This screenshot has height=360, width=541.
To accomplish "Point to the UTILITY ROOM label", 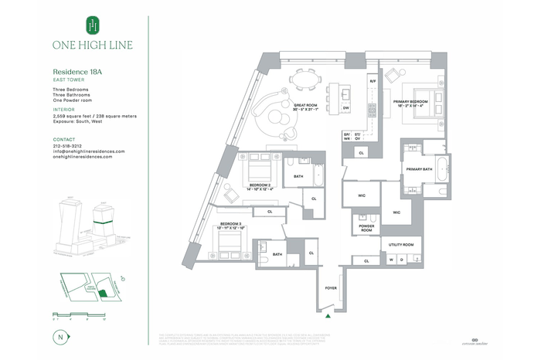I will (401, 245).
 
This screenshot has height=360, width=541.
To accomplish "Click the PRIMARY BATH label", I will (416, 169).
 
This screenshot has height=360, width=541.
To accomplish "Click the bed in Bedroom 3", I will (229, 246).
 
